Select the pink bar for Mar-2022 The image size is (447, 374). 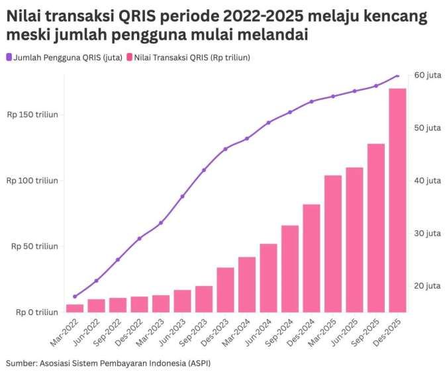click(x=75, y=308)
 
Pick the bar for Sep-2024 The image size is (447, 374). click(x=290, y=268)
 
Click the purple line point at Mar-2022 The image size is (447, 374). click(x=75, y=297)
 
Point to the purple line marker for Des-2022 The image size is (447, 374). click(x=139, y=238)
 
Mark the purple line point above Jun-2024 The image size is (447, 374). click(x=268, y=122)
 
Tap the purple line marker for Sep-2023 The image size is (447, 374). click(x=204, y=170)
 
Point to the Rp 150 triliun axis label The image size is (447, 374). click(x=32, y=115)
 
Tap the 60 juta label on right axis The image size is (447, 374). click(x=428, y=75)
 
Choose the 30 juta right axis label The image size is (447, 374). click(x=428, y=233)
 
